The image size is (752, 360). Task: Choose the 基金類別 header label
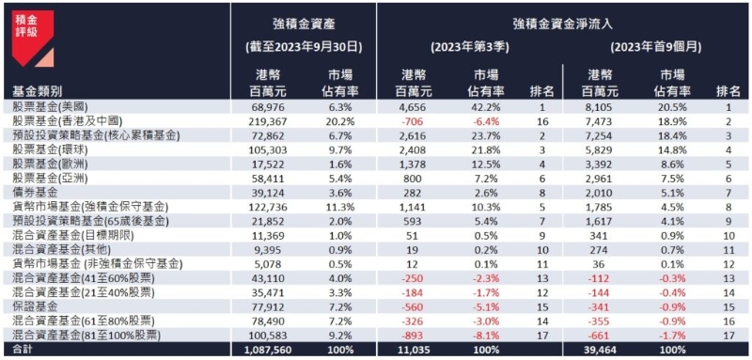39,91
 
